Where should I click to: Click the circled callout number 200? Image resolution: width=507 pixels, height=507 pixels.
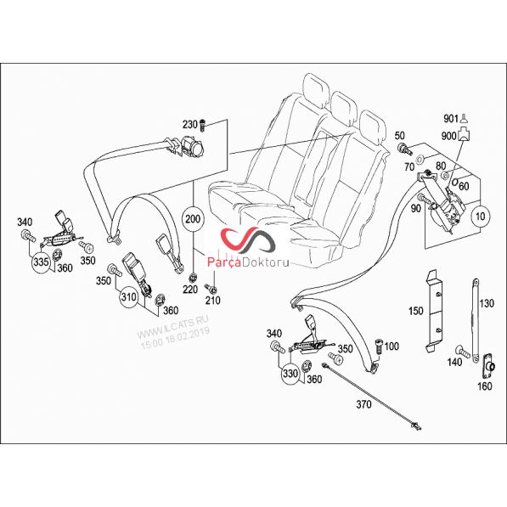(x=193, y=219)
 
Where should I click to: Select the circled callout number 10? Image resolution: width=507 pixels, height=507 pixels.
(x=481, y=216)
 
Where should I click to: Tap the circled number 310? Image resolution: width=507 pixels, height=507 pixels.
(x=129, y=296)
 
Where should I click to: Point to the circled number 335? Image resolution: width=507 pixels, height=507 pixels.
(x=41, y=262)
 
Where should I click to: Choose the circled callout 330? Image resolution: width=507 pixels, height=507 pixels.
(x=290, y=374)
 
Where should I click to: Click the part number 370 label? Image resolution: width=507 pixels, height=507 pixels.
(x=363, y=404)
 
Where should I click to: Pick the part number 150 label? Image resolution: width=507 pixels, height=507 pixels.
(x=415, y=311)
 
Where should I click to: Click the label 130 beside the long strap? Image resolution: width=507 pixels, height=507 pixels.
(x=487, y=303)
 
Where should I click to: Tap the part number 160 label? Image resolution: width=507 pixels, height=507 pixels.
(x=485, y=386)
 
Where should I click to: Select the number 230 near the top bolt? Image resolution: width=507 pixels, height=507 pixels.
(x=189, y=124)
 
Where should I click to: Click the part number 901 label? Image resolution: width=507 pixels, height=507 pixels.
(x=451, y=119)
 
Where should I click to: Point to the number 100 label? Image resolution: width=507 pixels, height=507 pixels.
(x=392, y=346)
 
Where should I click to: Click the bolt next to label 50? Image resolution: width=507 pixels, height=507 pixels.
(x=404, y=149)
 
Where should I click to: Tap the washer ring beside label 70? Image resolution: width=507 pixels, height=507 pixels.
(x=420, y=159)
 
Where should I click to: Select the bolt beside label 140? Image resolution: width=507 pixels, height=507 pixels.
(x=462, y=351)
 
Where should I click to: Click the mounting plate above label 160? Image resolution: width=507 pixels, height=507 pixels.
(x=488, y=366)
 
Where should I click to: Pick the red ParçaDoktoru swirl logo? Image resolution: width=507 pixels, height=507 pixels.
(x=248, y=240)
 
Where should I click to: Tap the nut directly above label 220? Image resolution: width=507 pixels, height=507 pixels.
(x=194, y=277)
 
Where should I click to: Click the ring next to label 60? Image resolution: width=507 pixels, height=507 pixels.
(x=455, y=182)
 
